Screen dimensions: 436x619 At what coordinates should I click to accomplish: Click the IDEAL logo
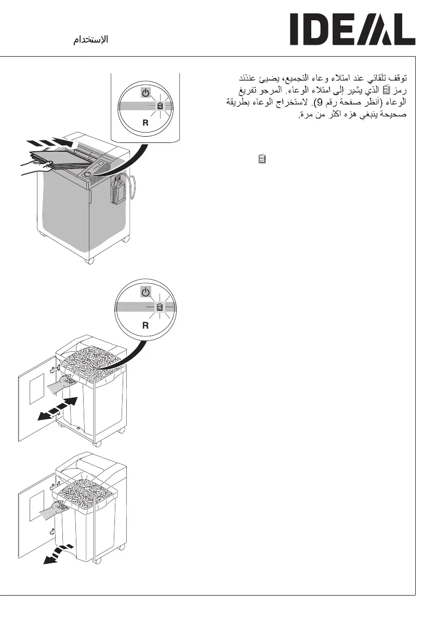point(352,30)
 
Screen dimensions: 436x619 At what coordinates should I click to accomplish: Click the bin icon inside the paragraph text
point(385,90)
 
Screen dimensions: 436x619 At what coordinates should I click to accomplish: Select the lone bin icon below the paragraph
point(262,159)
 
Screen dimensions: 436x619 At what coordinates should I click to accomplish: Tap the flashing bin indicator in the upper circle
point(160,107)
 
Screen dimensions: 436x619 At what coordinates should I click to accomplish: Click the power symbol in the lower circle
point(147,293)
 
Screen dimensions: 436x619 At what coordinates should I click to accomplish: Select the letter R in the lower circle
point(147,325)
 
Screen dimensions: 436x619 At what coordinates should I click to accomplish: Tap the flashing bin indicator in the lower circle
point(160,308)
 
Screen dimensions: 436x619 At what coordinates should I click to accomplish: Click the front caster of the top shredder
point(90,258)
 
